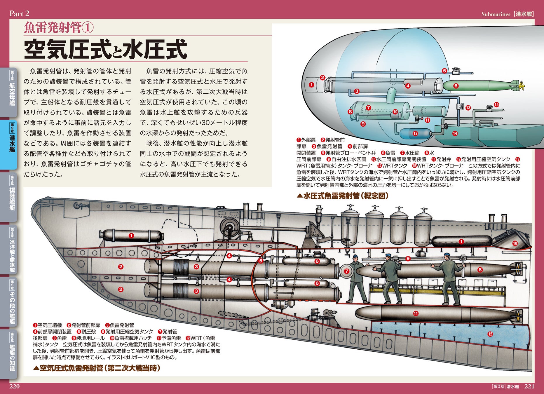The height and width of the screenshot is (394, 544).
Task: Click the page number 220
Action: click(15, 386)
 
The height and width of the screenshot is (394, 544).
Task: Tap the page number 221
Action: click(529, 386)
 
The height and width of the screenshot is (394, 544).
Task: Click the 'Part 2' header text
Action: click(19, 13)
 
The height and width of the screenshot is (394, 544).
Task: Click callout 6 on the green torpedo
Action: click(456, 86)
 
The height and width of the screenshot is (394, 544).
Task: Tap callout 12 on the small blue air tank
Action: click(415, 133)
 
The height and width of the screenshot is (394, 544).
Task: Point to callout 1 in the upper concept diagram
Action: click(311, 85)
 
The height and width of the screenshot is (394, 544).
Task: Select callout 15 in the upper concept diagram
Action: click(496, 105)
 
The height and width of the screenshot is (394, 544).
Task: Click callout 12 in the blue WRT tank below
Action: click(490, 334)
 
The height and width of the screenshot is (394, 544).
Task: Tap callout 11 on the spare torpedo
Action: click(416, 313)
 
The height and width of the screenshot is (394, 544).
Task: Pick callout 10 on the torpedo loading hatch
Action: click(515, 243)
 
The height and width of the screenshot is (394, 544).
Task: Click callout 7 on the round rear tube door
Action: click(346, 271)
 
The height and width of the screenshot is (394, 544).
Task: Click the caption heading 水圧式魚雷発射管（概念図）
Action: click(343, 196)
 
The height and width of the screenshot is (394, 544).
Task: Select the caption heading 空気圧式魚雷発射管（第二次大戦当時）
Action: click(97, 368)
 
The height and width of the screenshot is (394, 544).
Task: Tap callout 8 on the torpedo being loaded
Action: click(480, 270)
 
